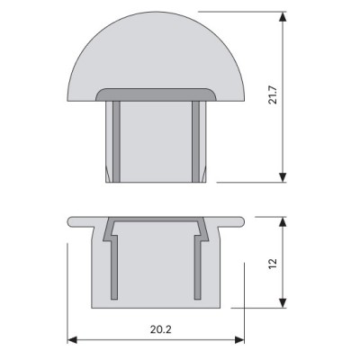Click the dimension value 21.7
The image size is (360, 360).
coord(273,95)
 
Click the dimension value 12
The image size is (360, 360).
coord(273,264)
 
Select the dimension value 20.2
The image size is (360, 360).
coord(161,329)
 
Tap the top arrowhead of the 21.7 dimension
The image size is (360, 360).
coord(282,16)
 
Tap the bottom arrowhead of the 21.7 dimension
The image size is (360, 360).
coord(282,177)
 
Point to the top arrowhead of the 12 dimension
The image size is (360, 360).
coord(282,221)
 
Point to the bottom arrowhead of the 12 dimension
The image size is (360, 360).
coord(282,303)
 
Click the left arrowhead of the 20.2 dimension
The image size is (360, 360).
coord(72,340)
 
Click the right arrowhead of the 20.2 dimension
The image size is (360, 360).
coord(239,340)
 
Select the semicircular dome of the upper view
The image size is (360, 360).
coord(156,51)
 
